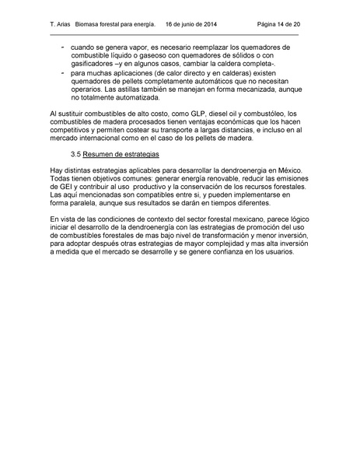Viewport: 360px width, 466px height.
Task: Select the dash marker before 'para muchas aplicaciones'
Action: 62,73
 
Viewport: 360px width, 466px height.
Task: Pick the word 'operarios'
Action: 88,91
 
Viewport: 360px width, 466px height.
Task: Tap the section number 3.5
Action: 75,156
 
